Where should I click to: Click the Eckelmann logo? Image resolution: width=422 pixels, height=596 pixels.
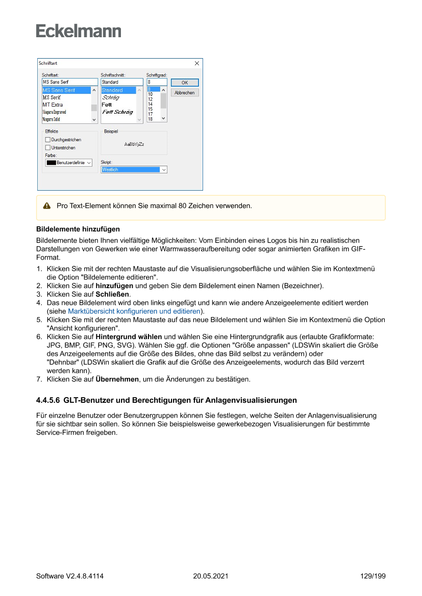[x=79, y=31]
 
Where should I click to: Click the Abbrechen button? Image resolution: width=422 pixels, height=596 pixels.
[x=184, y=93]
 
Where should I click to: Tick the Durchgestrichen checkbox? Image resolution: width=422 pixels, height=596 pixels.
[x=48, y=139]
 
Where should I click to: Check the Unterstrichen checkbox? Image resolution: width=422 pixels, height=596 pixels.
[x=48, y=147]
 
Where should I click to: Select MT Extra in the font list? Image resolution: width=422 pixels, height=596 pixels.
[x=53, y=105]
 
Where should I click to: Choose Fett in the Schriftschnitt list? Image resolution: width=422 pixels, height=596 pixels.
[x=106, y=105]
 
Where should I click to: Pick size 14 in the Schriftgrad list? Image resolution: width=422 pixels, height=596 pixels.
[x=150, y=104]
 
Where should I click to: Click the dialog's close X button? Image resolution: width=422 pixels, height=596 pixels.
[x=197, y=63]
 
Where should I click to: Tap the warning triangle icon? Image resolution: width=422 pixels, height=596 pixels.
[x=47, y=206]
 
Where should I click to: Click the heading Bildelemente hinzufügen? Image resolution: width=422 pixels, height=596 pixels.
[x=78, y=229]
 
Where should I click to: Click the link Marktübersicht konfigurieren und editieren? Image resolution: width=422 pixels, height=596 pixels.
[x=134, y=311]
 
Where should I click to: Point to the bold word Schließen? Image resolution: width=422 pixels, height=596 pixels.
[x=113, y=294]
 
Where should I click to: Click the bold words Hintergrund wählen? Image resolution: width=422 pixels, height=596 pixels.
[x=129, y=336]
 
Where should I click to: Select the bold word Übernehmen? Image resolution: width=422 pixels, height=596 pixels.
[x=117, y=379]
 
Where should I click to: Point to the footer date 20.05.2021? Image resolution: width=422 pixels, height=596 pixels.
[x=210, y=577]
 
